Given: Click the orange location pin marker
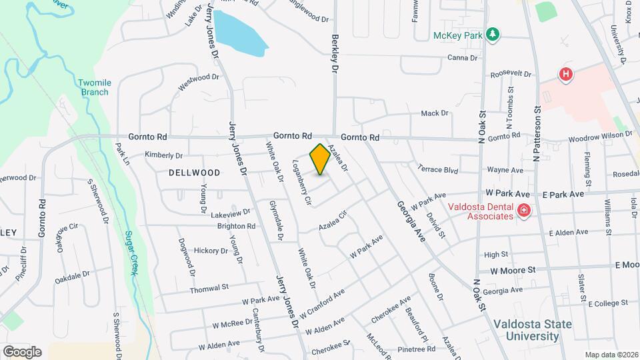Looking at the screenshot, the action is tap(320, 159).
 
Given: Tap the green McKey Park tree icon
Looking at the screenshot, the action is tap(493, 34).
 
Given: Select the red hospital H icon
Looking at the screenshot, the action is tap(566, 74).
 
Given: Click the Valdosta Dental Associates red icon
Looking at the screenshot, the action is tap(524, 211).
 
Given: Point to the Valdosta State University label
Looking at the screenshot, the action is tap(532, 330).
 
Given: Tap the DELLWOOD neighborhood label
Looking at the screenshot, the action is tap(194, 172).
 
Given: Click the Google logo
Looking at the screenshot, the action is tap(22, 351).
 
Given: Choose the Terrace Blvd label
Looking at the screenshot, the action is tap(437, 169).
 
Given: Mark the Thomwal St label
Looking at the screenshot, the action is tap(209, 287).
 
